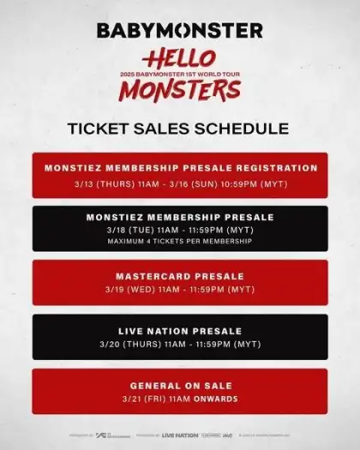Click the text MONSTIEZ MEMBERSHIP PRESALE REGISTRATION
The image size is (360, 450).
pos(180,167)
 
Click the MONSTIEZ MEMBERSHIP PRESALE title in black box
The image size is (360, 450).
pos(180,218)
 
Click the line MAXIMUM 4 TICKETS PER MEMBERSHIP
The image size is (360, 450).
pos(180,241)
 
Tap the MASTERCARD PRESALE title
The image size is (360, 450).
pos(180,277)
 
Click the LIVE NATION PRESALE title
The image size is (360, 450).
pos(180,331)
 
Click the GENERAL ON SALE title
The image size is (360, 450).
pos(180,387)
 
